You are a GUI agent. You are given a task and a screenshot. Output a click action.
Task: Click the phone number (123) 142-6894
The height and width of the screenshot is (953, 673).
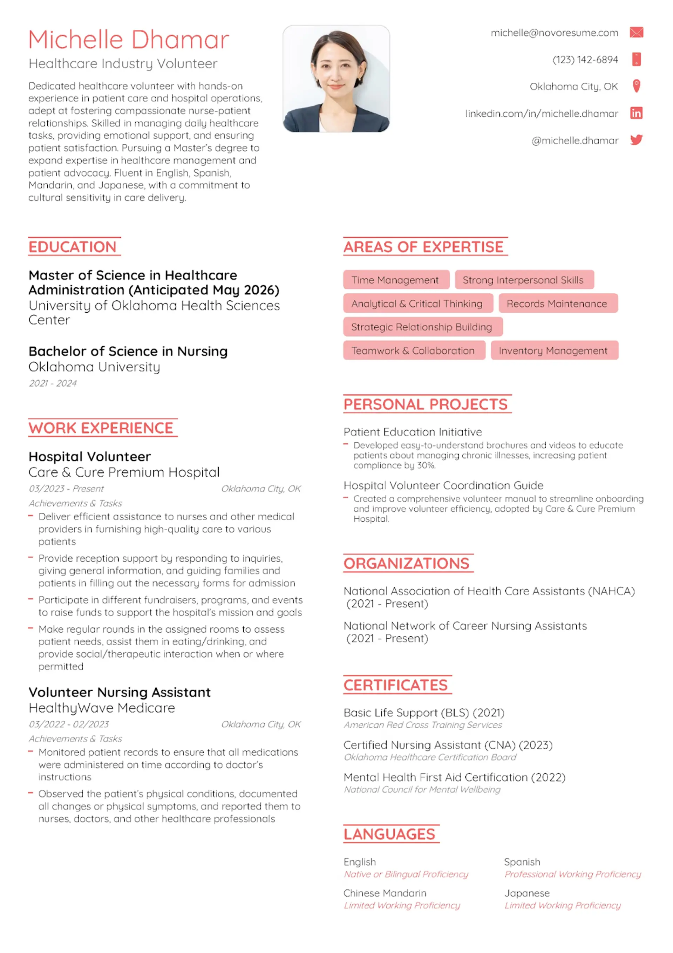[585, 60]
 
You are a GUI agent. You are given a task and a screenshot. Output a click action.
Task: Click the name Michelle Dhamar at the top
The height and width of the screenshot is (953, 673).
[129, 40]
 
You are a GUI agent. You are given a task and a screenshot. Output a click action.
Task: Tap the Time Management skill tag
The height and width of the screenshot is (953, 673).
[396, 280]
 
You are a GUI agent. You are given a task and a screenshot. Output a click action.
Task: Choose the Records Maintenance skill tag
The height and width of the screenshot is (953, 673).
[558, 304]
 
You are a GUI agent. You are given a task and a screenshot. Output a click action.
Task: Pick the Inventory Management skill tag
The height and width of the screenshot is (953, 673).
[554, 351]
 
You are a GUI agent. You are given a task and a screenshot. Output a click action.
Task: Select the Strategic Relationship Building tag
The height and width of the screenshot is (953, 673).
[422, 327]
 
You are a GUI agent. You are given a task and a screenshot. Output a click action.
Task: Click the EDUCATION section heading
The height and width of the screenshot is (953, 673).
[73, 247]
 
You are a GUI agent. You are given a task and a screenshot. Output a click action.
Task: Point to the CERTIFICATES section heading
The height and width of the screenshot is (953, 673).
[396, 685]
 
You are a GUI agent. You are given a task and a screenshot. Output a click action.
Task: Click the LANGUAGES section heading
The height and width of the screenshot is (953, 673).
[389, 834]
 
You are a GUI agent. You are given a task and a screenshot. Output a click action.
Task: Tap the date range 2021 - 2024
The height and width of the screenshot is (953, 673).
[53, 383]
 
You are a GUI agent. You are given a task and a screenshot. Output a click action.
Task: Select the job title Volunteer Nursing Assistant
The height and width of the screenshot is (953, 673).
[120, 692]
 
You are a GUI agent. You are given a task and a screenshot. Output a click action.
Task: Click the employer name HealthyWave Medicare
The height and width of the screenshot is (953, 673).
[102, 708]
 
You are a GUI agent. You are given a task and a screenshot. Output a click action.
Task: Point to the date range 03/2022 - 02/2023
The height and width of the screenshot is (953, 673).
[69, 724]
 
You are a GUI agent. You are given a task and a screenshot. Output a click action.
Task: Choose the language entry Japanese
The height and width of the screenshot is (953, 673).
[527, 893]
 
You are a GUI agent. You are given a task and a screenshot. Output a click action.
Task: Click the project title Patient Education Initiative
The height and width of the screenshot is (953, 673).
[413, 432]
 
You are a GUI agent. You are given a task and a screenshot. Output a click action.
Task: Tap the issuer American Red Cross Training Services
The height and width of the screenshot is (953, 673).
[423, 725]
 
